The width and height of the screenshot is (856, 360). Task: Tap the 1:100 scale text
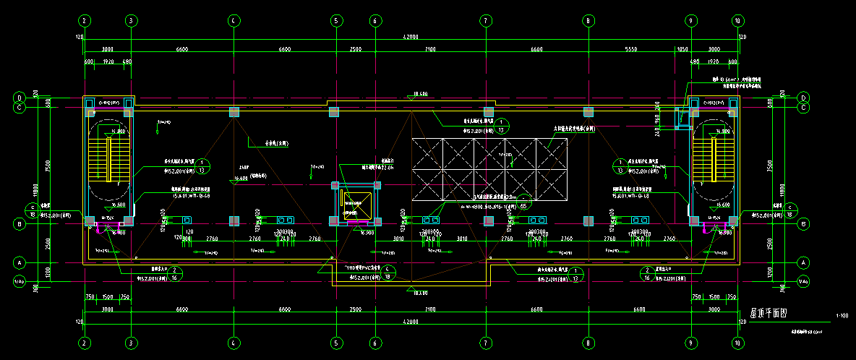point(842,316)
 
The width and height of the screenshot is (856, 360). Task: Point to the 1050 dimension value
point(682,49)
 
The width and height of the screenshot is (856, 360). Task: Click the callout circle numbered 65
point(523,205)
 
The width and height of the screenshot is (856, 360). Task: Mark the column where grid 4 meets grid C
point(234,112)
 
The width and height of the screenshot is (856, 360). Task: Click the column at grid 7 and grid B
point(487,220)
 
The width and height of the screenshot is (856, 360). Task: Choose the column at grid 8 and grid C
point(588,112)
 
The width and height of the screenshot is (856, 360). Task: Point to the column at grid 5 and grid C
point(334,112)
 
